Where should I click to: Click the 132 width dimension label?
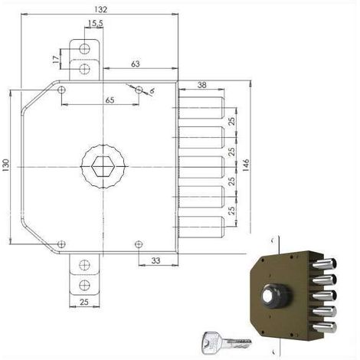click(x=100, y=9)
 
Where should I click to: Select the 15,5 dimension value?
click(x=95, y=24)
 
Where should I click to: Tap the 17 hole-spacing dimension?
click(x=56, y=60)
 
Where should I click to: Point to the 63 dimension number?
click(x=136, y=64)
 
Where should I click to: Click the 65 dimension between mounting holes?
click(x=110, y=100)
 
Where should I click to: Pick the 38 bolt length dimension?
click(x=201, y=85)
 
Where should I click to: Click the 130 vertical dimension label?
click(x=5, y=165)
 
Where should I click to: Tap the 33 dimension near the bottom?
click(x=155, y=260)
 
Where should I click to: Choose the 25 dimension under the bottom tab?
click(x=84, y=302)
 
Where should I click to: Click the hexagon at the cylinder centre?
click(x=103, y=167)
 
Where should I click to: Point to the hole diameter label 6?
click(x=152, y=91)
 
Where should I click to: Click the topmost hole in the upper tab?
click(x=84, y=49)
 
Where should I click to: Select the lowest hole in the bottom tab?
click(x=84, y=285)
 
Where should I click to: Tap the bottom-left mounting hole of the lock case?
click(x=61, y=244)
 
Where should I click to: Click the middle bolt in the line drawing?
click(x=201, y=167)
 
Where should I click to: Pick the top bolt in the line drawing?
click(x=201, y=108)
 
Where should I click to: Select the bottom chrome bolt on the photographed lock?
click(x=324, y=327)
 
